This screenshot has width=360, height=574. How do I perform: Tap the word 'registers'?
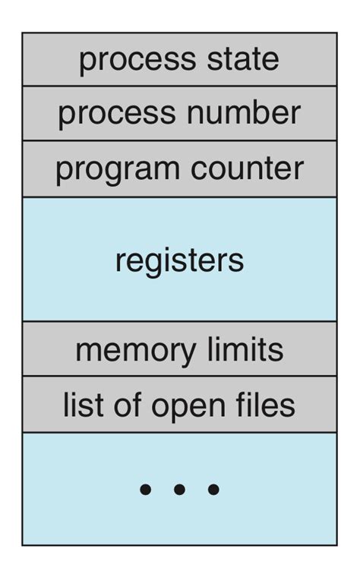point(179,260)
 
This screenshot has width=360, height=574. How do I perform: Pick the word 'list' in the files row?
point(77,405)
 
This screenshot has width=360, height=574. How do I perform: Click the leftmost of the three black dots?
point(145,490)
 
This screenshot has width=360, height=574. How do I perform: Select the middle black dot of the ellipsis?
point(179,490)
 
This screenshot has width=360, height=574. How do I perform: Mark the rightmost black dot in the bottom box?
point(213,490)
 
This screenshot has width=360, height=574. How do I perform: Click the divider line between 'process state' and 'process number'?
point(179,87)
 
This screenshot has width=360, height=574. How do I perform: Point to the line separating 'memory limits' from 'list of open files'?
point(179,376)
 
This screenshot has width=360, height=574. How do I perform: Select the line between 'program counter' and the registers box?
point(179,197)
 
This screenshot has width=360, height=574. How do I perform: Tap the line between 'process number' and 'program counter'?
point(179,141)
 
